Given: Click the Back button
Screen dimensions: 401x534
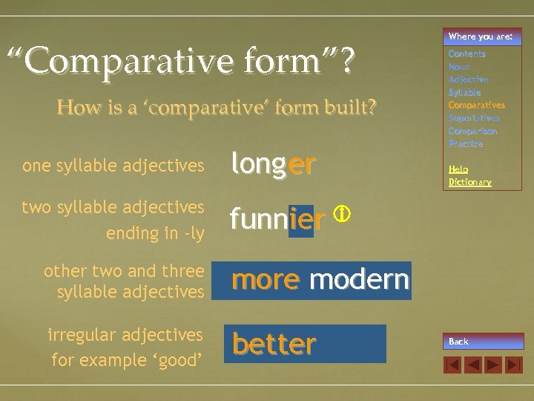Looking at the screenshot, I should click(x=483, y=342).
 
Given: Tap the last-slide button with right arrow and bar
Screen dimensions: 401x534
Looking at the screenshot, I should click(x=514, y=365).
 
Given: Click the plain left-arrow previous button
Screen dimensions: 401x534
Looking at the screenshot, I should click(x=472, y=365).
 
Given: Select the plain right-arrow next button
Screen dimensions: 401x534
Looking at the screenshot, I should click(x=493, y=365).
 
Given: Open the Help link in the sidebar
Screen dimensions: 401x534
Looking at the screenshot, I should click(x=458, y=169).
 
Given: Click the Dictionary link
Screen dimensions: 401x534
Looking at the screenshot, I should click(x=469, y=182).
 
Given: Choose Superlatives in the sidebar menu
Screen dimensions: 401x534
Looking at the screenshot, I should click(x=474, y=118).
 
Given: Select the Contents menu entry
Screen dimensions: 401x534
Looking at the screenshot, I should click(x=467, y=54).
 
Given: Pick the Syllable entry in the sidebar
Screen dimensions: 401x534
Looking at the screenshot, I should click(x=464, y=92).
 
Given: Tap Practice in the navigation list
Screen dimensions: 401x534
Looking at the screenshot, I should click(x=466, y=143).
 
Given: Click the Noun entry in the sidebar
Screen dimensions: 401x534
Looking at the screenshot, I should click(x=459, y=67).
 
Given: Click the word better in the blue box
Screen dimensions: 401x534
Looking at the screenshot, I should click(x=274, y=344).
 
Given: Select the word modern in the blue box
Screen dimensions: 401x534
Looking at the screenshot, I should click(x=359, y=280).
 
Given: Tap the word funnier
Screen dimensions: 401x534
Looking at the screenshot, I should click(x=277, y=220).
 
